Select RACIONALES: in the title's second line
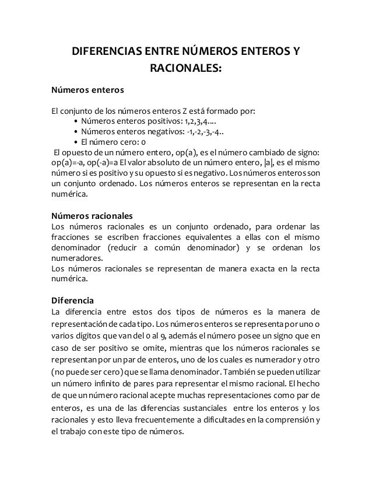pyautogui.click(x=186, y=71)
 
